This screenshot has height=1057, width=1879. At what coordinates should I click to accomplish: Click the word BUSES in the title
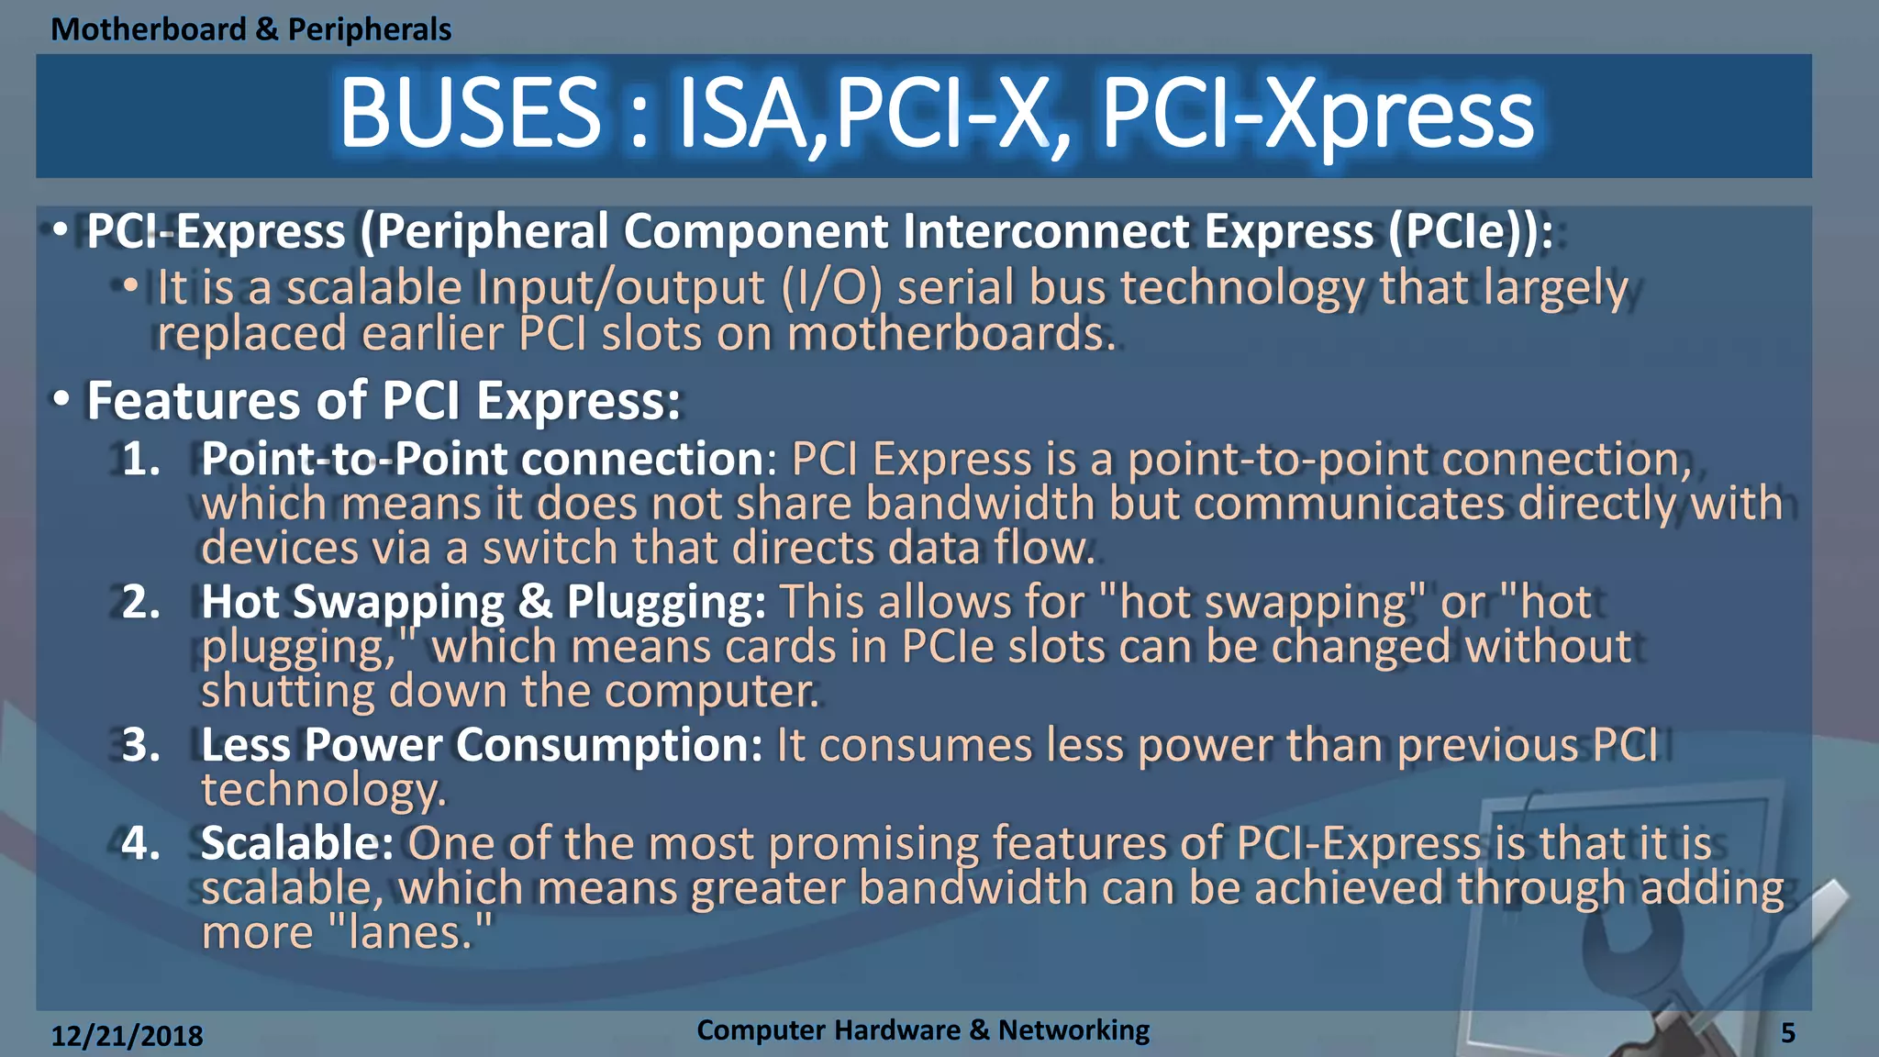[x=470, y=113]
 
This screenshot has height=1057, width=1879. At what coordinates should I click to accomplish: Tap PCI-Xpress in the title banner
[x=1317, y=115]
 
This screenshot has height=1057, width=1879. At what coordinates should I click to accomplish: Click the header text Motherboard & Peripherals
[x=250, y=29]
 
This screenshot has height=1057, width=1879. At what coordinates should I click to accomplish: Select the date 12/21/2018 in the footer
[x=127, y=1036]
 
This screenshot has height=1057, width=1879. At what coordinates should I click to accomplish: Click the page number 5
[x=1787, y=1033]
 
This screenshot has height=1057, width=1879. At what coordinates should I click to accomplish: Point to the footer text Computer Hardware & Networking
[x=923, y=1029]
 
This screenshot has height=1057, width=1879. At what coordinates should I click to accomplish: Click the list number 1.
[x=140, y=459]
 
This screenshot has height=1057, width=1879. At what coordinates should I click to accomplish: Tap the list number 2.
[x=140, y=602]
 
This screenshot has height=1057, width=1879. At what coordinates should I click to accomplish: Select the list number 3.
[x=140, y=745]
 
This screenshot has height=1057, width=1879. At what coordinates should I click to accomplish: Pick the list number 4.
[x=140, y=843]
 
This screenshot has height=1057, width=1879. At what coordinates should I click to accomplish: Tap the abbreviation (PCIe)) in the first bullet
[x=1470, y=231]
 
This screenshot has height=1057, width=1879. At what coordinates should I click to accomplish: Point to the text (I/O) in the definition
[x=831, y=288]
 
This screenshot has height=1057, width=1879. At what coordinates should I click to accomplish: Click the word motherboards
[x=951, y=334]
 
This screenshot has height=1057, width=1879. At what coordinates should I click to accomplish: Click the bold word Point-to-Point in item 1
[x=353, y=459]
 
